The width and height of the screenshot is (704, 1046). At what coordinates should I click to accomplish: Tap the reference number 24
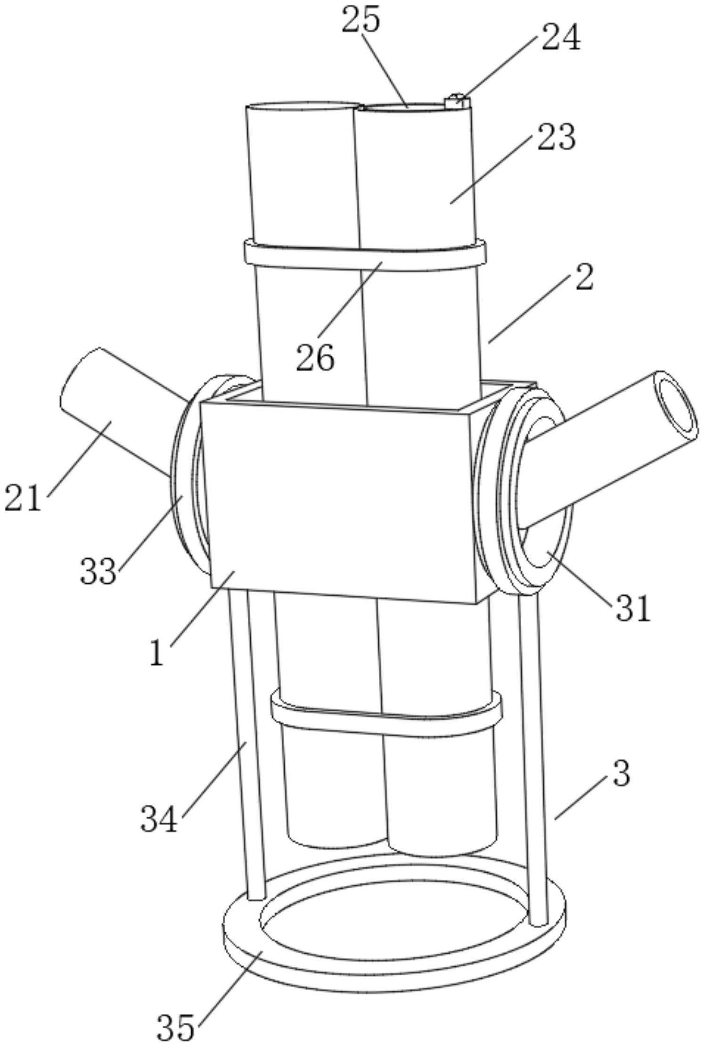tap(561, 37)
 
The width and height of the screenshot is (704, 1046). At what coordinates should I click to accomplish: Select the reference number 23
tap(557, 137)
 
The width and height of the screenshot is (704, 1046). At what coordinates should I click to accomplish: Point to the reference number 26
tap(315, 358)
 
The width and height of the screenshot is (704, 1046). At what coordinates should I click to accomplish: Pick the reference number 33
tap(98, 571)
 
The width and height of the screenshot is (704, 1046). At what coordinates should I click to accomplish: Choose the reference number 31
tap(632, 608)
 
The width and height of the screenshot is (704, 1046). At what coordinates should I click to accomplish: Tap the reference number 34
tap(159, 819)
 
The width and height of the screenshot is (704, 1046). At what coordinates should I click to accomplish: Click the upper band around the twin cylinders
tap(365, 255)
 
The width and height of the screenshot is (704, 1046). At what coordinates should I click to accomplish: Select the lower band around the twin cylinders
tap(386, 713)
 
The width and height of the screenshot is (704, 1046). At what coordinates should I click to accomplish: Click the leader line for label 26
tap(350, 300)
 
